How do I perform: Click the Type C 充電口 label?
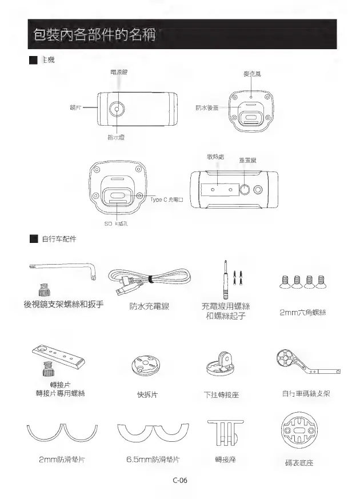click(166, 199)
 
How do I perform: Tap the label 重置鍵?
click(247, 160)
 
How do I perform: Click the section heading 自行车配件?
click(59, 238)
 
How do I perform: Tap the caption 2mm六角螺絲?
click(302, 312)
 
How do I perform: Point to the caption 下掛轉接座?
click(224, 394)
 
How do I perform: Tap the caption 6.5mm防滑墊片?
click(153, 459)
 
